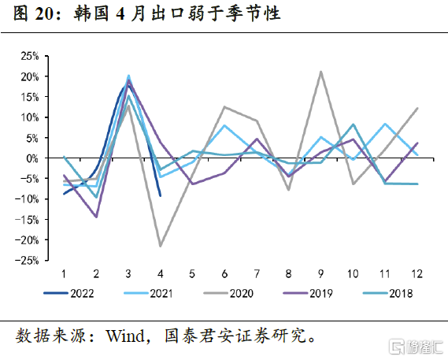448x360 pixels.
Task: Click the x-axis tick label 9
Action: click(x=321, y=272)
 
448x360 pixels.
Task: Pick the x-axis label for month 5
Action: click(x=193, y=272)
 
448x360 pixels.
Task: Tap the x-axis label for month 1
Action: click(x=64, y=272)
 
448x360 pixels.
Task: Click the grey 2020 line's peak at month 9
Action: click(x=321, y=72)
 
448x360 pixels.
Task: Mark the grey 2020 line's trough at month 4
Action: click(x=161, y=246)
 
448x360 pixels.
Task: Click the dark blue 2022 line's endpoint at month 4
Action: click(x=161, y=196)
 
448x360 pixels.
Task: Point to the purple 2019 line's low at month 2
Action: click(x=96, y=217)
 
